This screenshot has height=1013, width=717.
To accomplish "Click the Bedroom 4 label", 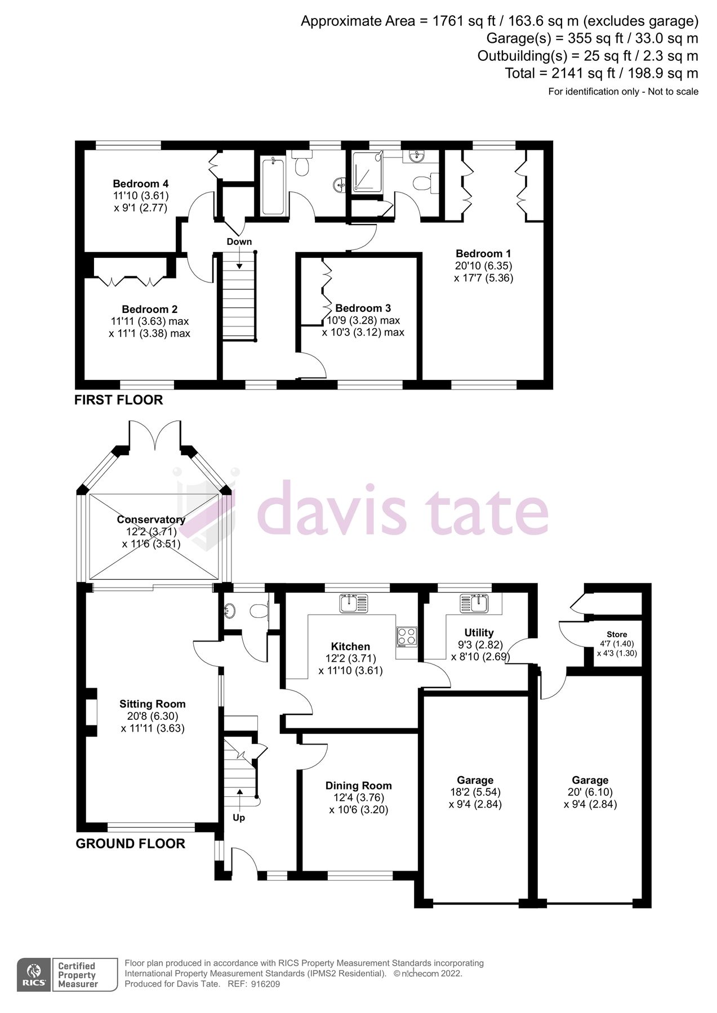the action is pos(140,183).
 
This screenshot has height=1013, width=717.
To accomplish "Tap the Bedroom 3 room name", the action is pos(363,308).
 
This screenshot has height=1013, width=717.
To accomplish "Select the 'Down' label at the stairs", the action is pos(239,241).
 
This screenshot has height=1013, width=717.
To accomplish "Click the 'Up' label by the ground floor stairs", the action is pos(239,817).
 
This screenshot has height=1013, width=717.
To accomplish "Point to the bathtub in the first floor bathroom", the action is pos(273,186).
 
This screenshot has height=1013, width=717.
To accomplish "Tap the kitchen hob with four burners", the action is pos(407,636).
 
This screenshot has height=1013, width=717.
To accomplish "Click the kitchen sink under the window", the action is pos(354,603).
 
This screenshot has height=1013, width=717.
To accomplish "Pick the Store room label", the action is pos(617,634).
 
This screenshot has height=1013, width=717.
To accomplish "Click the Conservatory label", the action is pos(151,519).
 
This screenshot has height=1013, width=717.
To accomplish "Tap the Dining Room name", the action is pos(359,786).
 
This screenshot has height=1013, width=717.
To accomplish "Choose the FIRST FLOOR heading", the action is pos(119,400).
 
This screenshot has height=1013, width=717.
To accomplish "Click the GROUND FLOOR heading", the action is pos(131,844).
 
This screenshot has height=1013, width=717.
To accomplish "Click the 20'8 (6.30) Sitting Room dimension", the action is pos(153,716).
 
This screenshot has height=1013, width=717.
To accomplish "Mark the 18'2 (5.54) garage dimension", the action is pos(475,792).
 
